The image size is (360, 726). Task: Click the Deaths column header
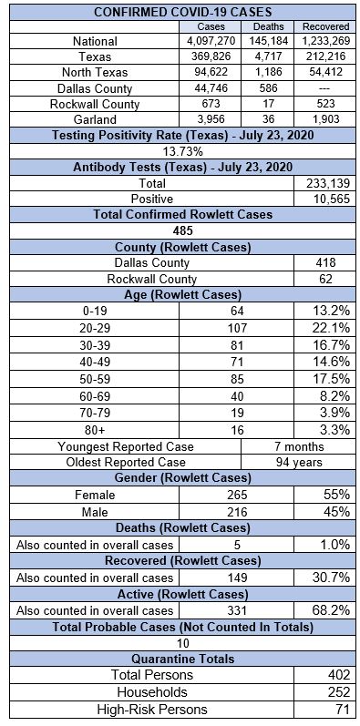(x=268, y=26)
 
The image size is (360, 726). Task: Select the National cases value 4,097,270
(x=211, y=41)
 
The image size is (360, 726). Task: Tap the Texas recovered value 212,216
(x=325, y=56)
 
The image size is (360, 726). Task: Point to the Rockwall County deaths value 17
(x=268, y=103)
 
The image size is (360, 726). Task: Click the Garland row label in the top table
(x=95, y=119)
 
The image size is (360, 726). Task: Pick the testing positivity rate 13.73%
(x=182, y=151)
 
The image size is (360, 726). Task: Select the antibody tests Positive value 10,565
(x=325, y=199)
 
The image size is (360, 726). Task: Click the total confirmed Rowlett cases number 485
(x=182, y=230)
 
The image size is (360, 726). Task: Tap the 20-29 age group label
(x=95, y=328)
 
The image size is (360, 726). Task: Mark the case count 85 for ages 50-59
(x=237, y=379)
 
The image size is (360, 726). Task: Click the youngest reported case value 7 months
(x=298, y=446)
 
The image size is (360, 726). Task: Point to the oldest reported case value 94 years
(x=298, y=462)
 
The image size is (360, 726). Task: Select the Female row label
(x=95, y=495)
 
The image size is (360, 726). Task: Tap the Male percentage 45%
(x=336, y=511)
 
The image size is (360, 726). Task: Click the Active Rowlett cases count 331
(x=237, y=610)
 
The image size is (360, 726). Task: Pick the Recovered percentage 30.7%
(x=331, y=578)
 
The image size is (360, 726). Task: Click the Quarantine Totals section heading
(x=182, y=659)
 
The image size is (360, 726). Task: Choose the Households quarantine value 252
(x=338, y=692)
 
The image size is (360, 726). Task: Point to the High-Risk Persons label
(x=152, y=709)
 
